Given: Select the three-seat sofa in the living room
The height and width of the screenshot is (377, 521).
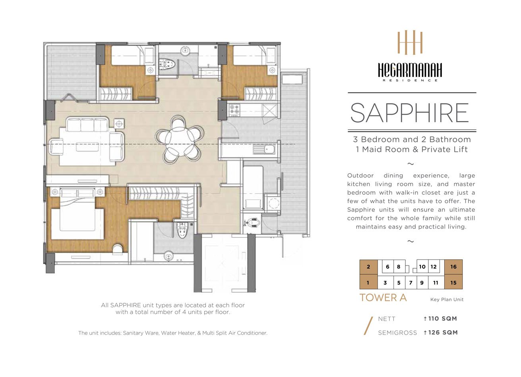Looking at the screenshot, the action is tap(87, 125).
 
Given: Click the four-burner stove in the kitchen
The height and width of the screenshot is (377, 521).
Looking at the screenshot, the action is tap(234, 110).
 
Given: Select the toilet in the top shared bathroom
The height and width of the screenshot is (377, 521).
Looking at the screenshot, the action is tap(167, 63).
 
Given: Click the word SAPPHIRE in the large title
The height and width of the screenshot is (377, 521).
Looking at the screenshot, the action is tap(410, 113).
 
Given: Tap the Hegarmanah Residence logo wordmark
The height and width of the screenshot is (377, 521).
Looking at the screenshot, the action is tap(410, 71).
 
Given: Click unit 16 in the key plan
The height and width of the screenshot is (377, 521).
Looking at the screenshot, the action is tap(453, 267).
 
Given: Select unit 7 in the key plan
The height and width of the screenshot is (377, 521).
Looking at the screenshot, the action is tap(411, 283).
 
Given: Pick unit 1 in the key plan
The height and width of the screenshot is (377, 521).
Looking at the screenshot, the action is tap(368, 283).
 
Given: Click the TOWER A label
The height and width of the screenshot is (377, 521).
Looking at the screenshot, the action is tap(383, 298).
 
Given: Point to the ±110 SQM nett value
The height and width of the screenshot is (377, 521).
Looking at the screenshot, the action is tap(440, 318).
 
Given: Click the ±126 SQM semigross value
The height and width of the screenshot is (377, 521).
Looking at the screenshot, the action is tap(441, 333).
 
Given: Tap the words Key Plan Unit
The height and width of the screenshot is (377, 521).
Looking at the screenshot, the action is tap(447, 299).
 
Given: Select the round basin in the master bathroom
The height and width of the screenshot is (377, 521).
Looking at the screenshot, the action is tap(169, 256).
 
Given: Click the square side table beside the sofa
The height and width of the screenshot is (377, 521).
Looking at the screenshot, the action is tap(119, 123).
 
